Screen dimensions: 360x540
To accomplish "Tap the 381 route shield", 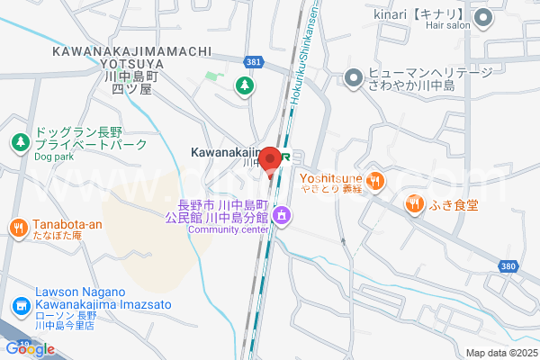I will pyautogui.click(x=255, y=60).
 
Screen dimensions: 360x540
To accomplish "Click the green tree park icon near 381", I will pyautogui.click(x=243, y=86).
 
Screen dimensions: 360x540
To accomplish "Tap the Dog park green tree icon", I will pyautogui.click(x=19, y=142).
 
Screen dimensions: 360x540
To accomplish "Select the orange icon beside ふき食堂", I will pyautogui.click(x=414, y=203).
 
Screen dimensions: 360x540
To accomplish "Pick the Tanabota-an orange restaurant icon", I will pyautogui.click(x=19, y=229).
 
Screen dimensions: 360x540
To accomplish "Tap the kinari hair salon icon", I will pyautogui.click(x=482, y=16).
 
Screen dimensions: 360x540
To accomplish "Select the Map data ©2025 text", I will pyautogui.click(x=501, y=353).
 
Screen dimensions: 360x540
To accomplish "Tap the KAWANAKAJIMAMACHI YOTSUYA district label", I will pyautogui.click(x=132, y=65).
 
